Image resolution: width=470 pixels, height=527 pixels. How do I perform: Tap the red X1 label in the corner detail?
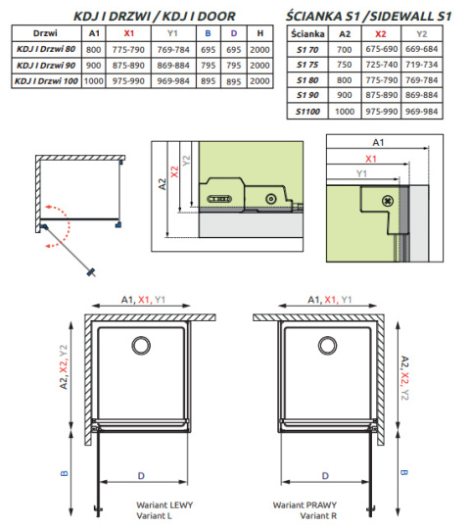pos(369,158)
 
